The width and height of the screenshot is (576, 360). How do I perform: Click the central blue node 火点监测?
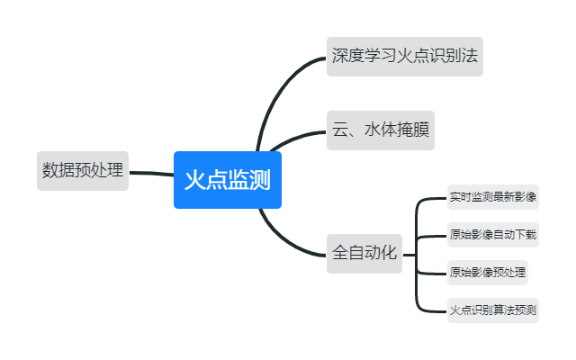pyautogui.click(x=227, y=180)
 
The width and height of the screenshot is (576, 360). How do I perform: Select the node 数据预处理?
pyautogui.click(x=82, y=170)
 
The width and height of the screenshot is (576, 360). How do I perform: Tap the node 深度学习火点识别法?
pyautogui.click(x=403, y=56)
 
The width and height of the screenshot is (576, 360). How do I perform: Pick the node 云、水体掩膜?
pyautogui.click(x=381, y=130)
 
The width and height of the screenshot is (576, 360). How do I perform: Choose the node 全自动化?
pyautogui.click(x=364, y=253)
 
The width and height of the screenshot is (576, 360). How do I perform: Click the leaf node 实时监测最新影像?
pyautogui.click(x=492, y=196)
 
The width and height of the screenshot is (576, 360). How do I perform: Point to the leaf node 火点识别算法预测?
pyautogui.click(x=492, y=311)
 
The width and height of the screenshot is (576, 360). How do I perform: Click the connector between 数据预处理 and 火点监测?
pyautogui.click(x=150, y=173)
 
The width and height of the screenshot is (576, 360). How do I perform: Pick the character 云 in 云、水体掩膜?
pyautogui.click(x=341, y=130)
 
